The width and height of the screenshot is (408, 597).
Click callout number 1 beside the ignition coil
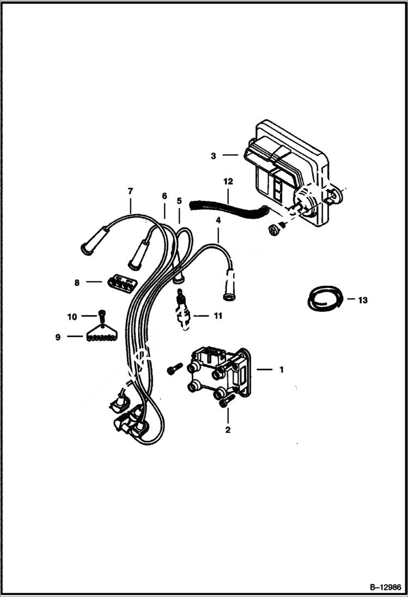tap(281, 370)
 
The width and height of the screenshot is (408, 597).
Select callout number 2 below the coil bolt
tap(228, 430)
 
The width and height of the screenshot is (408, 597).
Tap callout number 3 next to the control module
tap(214, 156)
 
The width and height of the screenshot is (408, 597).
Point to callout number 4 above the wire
tap(218, 220)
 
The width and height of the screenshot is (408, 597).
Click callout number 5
tap(179, 201)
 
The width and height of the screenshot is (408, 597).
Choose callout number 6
tap(164, 196)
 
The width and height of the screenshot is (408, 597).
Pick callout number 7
tap(130, 191)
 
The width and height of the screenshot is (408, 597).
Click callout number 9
tap(58, 337)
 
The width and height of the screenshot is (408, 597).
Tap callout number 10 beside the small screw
tap(72, 316)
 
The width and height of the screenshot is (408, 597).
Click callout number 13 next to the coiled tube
tap(363, 300)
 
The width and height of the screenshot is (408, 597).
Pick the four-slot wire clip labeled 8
tap(121, 283)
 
